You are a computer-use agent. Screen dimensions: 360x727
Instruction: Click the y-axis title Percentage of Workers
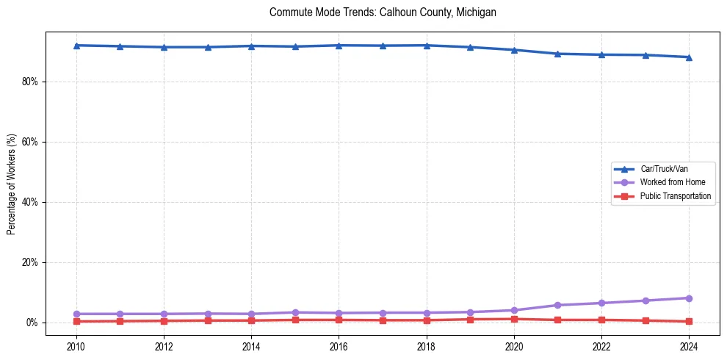12,184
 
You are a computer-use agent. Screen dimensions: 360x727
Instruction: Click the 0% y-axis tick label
32,323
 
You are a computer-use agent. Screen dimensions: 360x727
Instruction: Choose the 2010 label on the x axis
76,345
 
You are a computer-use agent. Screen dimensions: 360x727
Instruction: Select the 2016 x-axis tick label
339,345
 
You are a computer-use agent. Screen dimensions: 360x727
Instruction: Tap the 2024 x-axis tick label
689,345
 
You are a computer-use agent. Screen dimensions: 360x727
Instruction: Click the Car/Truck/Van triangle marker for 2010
76,46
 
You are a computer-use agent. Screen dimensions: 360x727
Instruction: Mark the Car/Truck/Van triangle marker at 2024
689,57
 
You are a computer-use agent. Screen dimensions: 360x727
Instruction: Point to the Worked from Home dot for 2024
689,298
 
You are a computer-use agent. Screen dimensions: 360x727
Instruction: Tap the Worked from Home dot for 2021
557,305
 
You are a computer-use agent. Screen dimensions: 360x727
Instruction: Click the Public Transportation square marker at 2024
689,321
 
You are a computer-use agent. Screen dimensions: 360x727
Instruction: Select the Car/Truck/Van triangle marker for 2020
514,50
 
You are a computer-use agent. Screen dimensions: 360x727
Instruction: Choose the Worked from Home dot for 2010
76,314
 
